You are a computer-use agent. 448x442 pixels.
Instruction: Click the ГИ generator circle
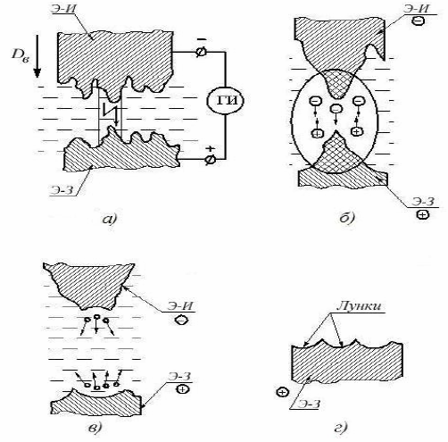[225, 101]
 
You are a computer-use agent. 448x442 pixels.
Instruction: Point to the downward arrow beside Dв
[37, 56]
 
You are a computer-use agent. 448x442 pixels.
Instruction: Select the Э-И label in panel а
[63, 7]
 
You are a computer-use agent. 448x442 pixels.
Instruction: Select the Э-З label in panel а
[62, 190]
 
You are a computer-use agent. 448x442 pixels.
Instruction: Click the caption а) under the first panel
[110, 219]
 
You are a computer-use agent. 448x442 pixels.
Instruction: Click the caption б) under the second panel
[347, 218]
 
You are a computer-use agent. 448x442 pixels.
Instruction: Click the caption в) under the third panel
[95, 428]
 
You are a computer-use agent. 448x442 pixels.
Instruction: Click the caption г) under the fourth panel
[342, 428]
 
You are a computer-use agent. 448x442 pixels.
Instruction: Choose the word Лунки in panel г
[359, 306]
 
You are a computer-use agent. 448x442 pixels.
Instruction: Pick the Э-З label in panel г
[309, 404]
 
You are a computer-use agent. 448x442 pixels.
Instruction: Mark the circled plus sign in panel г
[282, 392]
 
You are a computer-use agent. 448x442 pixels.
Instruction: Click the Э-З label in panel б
[423, 202]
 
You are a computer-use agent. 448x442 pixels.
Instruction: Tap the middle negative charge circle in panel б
[336, 109]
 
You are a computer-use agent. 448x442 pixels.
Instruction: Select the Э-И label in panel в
[180, 306]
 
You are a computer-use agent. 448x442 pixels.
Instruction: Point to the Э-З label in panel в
[179, 376]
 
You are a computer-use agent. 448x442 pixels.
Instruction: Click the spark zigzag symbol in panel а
[109, 109]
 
